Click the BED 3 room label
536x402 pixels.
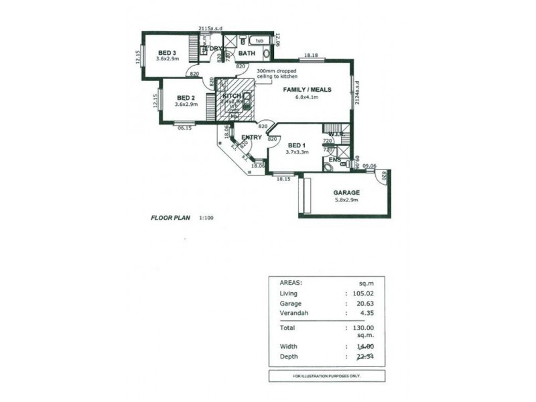point(167,53)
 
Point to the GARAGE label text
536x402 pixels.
point(346,193)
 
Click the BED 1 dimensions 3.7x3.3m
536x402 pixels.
point(296,152)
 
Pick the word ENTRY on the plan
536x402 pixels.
point(251,137)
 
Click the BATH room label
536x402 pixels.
point(247,54)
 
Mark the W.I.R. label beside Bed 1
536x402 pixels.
point(336,135)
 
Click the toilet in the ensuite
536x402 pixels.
point(329,165)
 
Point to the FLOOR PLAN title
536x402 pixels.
point(170,218)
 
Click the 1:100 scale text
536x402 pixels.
point(207,218)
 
